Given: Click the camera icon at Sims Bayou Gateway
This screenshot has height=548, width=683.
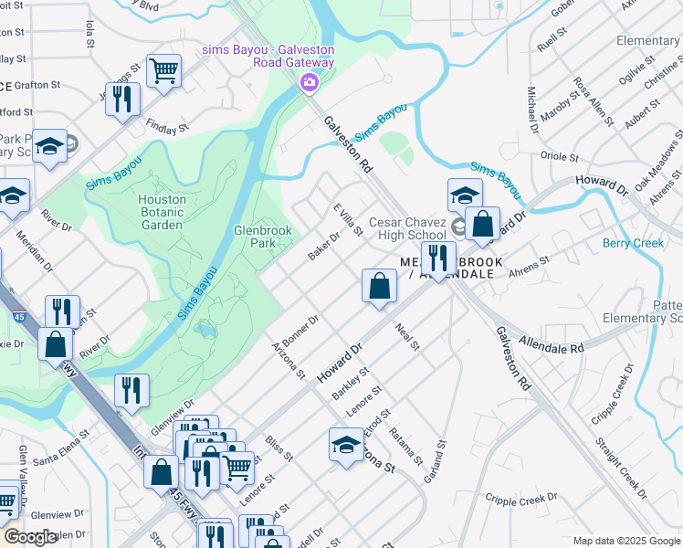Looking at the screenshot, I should click(x=309, y=84).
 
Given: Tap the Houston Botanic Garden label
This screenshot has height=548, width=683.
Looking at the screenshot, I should click(x=162, y=212).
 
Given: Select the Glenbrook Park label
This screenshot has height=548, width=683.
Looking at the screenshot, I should click(x=262, y=237).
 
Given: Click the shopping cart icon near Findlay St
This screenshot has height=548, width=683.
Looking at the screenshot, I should click(x=163, y=69).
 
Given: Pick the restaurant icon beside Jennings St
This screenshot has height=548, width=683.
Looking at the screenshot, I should click(x=122, y=98).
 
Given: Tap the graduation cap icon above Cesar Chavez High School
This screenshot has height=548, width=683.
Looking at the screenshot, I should click(x=464, y=195).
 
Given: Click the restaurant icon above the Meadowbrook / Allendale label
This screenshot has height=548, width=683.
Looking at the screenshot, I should click(x=437, y=258).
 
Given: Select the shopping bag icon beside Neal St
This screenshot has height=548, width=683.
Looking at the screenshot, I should click(x=379, y=285).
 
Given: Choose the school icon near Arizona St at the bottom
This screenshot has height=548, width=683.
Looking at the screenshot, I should click(x=346, y=446).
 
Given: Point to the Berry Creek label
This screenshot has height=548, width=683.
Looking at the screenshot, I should click(x=633, y=243).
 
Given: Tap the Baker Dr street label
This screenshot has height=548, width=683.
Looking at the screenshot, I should click(x=323, y=245).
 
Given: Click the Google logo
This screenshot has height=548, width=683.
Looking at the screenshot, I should click(x=31, y=537).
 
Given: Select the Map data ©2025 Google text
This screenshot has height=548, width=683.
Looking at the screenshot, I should click(x=625, y=541).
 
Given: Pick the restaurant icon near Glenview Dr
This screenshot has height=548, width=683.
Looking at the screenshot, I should click(x=131, y=390).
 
